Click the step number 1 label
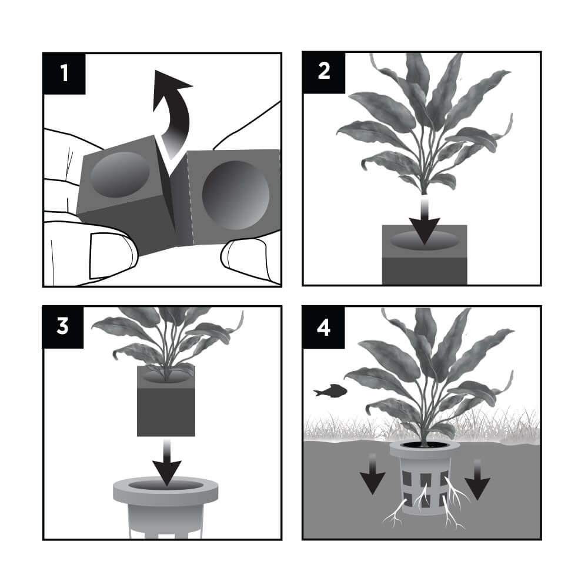point(64,73)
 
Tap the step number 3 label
point(64,326)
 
